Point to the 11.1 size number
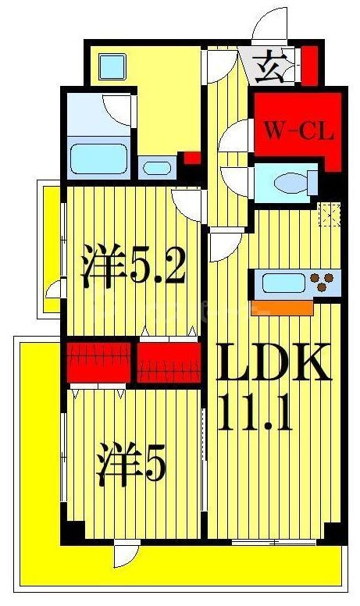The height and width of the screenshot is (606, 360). tap(256, 414)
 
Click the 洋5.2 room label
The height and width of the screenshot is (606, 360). tap(134, 269)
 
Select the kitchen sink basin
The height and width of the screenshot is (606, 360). tap(281, 282)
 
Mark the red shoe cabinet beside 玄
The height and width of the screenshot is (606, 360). tap(309, 66)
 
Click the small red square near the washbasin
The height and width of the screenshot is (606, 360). tap(191, 159)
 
